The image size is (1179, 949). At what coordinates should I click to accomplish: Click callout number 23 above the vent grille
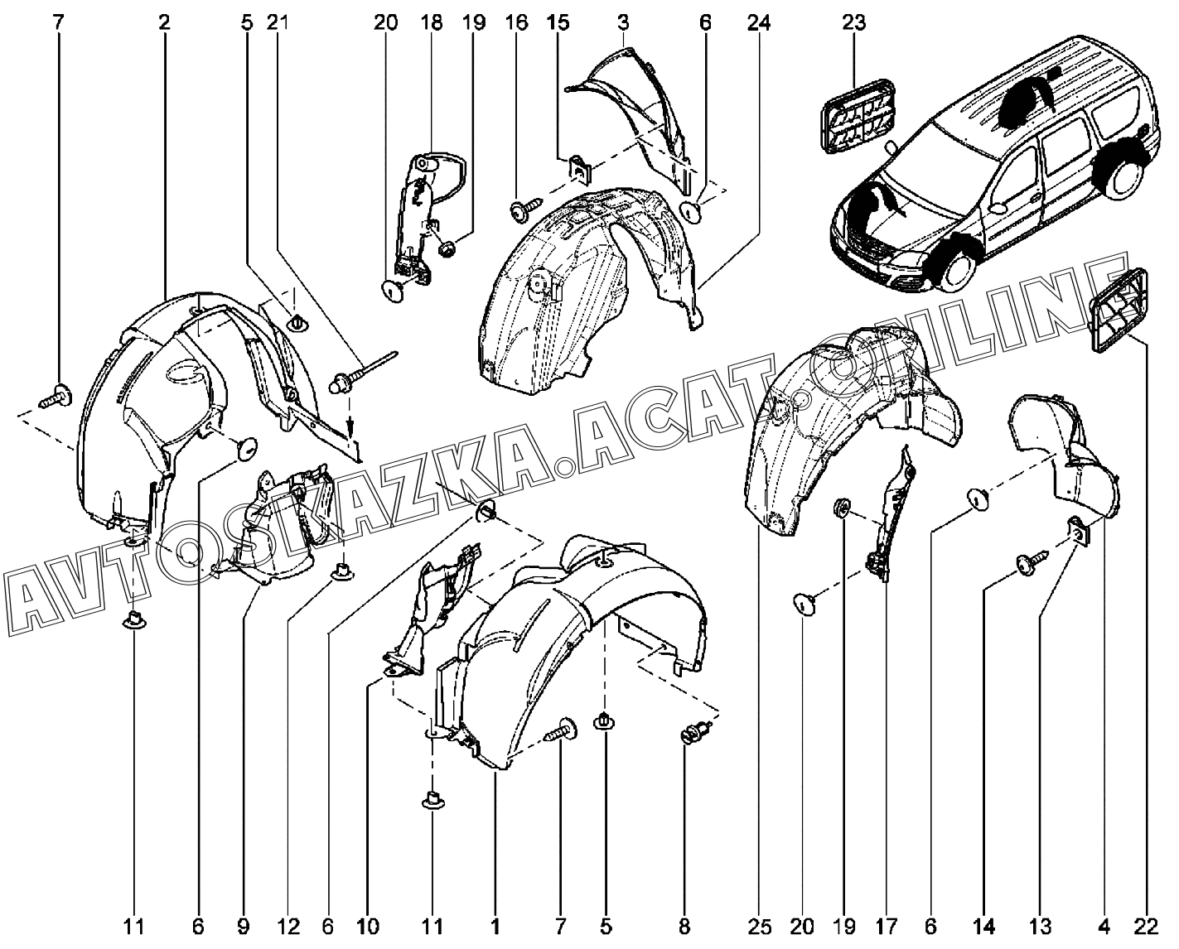pyautogui.click(x=853, y=23)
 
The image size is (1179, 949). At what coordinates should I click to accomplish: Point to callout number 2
pyautogui.click(x=165, y=23)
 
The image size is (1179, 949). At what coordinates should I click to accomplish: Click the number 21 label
pyautogui.click(x=278, y=23)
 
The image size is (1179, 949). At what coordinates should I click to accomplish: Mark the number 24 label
pyautogui.click(x=757, y=23)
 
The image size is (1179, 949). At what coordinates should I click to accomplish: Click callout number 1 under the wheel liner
pyautogui.click(x=495, y=925)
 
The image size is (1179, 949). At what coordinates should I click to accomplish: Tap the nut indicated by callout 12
pyautogui.click(x=339, y=570)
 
